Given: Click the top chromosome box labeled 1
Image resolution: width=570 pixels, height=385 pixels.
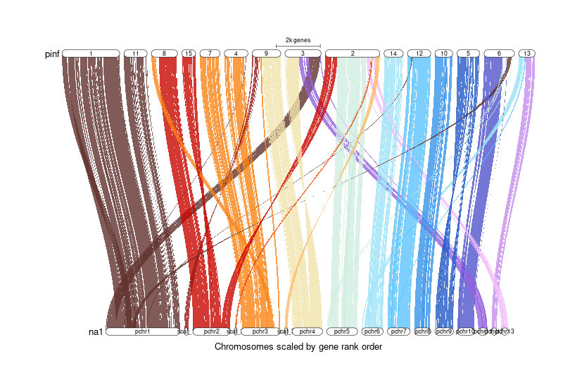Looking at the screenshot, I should click(91, 54).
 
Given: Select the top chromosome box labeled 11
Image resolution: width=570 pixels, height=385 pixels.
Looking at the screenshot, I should click(135, 54).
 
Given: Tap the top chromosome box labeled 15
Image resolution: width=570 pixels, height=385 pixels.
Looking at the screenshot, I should click(188, 54).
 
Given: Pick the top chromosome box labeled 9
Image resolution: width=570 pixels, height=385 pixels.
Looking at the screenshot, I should click(265, 54).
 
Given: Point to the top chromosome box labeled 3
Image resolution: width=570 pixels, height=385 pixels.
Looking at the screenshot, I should click(303, 54).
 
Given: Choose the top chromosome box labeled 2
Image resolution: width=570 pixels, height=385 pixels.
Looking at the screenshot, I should click(353, 54).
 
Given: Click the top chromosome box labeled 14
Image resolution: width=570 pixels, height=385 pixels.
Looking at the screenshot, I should click(393, 54).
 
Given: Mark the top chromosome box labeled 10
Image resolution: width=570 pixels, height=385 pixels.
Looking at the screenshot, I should click(443, 54).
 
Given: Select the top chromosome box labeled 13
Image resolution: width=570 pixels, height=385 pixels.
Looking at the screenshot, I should click(526, 54).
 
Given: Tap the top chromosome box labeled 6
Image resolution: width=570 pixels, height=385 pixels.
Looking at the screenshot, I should click(498, 54).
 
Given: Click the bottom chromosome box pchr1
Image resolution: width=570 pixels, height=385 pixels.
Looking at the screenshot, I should click(142, 331).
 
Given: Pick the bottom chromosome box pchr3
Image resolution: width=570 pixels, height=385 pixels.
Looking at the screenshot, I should click(260, 331).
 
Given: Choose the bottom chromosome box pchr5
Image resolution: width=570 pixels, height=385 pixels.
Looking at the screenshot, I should click(342, 331).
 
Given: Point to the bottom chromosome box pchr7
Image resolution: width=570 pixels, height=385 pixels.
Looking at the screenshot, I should click(398, 331).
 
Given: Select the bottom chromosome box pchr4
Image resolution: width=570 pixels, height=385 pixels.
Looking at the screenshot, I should click(307, 331).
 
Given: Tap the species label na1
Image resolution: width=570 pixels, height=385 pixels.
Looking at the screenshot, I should click(96, 331).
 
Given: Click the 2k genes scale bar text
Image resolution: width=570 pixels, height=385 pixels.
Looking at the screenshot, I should click(298, 40).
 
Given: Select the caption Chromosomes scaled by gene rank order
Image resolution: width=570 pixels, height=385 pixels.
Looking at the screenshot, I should click(298, 347).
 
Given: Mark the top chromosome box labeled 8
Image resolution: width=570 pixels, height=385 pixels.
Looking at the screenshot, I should click(164, 54).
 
